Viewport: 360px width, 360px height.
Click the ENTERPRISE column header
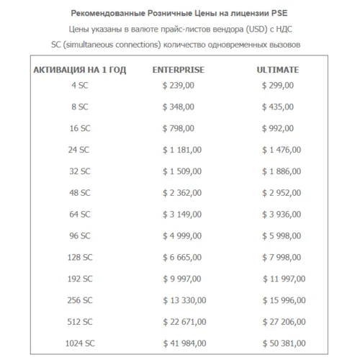[x=179, y=70]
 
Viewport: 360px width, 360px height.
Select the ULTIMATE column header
[x=278, y=70]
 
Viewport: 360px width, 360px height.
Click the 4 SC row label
[x=80, y=86]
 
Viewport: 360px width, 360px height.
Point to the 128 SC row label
[x=80, y=257]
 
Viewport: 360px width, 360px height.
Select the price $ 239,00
[x=179, y=86]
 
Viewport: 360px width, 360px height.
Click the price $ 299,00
[x=278, y=86]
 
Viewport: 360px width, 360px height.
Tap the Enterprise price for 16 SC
[x=179, y=128]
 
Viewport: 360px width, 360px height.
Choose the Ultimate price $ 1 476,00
[x=282, y=150]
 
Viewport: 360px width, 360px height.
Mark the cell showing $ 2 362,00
[x=182, y=192]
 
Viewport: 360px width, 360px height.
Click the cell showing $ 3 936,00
[x=282, y=214]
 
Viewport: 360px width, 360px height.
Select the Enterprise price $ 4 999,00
[x=182, y=235]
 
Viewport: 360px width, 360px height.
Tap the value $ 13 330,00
[x=184, y=300]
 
